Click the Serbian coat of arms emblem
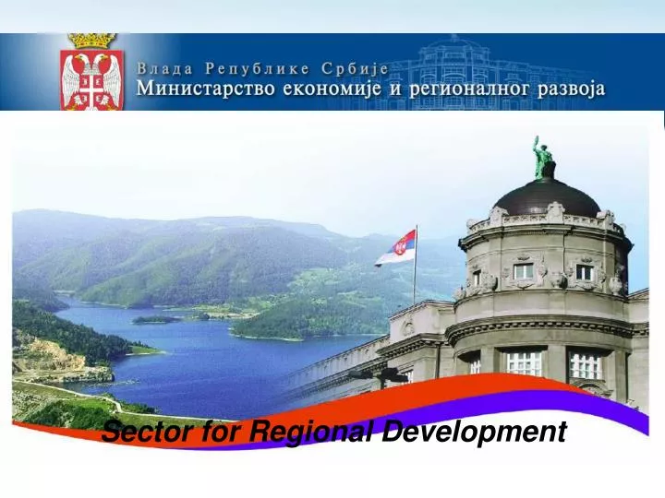coord(91,78)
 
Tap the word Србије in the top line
coord(356,68)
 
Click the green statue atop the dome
coord(542,159)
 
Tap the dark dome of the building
coord(547,196)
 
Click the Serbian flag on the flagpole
coord(396,248)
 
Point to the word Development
coord(475,431)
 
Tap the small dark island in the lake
coord(153,319)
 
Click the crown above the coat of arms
coord(91,41)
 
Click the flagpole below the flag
coord(415,286)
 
